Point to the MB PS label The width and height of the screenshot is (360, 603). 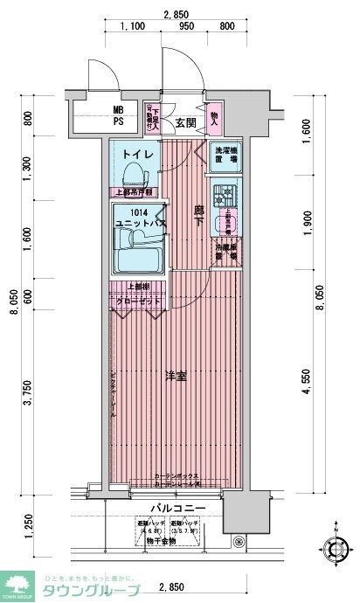point(118,115)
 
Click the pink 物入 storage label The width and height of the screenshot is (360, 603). point(215,114)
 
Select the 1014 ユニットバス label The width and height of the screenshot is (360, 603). point(135,218)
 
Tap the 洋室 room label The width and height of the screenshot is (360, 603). point(175,376)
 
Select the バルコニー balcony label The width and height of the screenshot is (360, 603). point(178,508)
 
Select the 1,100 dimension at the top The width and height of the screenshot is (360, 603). point(133,27)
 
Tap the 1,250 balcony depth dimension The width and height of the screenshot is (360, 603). point(29,527)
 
